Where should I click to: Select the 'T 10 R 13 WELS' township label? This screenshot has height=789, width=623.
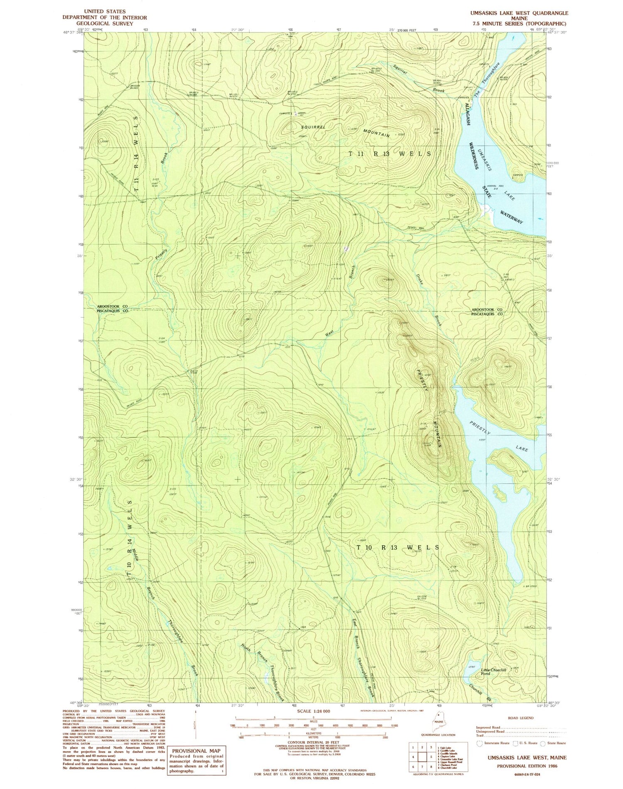pyautogui.click(x=397, y=547)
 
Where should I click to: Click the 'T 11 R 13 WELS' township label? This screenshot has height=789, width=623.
pyautogui.click(x=389, y=154)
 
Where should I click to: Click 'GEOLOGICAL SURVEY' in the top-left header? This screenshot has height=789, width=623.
pyautogui.click(x=104, y=24)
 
